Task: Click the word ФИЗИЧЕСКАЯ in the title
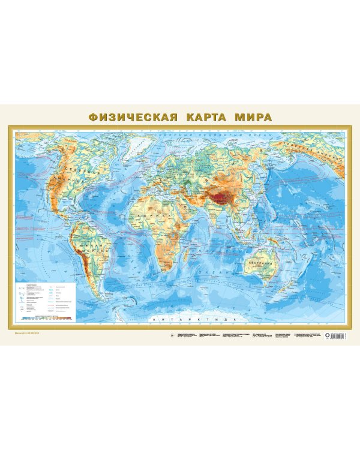(133, 116)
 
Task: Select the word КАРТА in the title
(202, 116)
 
